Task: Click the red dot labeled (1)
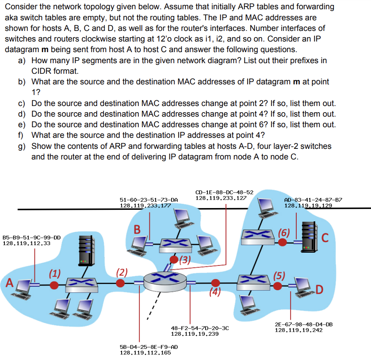coord(54,285)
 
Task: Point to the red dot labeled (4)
coord(216,283)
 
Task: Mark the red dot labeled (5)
coord(278,286)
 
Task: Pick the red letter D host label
coord(319,290)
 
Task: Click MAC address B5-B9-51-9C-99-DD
coord(32,237)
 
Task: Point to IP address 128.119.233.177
coord(145,205)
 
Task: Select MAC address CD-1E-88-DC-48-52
coord(224,192)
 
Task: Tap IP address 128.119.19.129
coord(308,205)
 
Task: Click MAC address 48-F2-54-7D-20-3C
coord(199,328)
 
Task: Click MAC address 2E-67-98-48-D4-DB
coord(304,324)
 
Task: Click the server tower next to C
coord(308,235)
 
